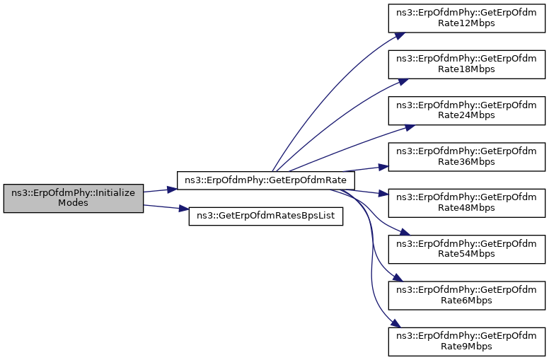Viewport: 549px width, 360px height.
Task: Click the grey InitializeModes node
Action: [74, 198]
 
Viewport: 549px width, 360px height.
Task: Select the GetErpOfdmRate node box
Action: [266, 180]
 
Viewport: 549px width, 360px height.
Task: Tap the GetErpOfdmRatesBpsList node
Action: [266, 216]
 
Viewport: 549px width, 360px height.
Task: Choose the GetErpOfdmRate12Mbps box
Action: [467, 18]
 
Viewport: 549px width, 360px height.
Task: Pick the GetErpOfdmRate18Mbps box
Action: [467, 64]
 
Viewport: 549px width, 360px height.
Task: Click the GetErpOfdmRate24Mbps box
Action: [467, 110]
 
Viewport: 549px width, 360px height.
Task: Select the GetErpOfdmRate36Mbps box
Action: [467, 157]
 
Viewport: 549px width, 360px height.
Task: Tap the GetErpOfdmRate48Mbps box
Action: [467, 203]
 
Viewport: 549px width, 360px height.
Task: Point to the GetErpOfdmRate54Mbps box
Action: [467, 250]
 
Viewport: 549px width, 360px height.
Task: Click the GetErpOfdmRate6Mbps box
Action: [467, 296]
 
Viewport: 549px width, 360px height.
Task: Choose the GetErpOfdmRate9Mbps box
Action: [467, 342]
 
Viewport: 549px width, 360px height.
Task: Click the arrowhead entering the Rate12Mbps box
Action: [400, 36]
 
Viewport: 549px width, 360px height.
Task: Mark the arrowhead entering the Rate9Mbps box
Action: [395, 323]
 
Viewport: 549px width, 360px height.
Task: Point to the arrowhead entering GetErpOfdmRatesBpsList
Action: [184, 209]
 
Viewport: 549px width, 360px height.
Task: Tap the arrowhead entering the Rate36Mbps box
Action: [383, 167]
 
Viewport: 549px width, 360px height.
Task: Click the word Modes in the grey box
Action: [73, 203]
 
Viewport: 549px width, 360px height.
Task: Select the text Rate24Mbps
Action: [466, 115]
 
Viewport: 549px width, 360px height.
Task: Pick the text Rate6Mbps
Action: [466, 300]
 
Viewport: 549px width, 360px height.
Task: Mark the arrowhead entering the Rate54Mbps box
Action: [405, 232]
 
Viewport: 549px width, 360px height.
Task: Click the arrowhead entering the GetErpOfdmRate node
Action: [172, 190]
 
